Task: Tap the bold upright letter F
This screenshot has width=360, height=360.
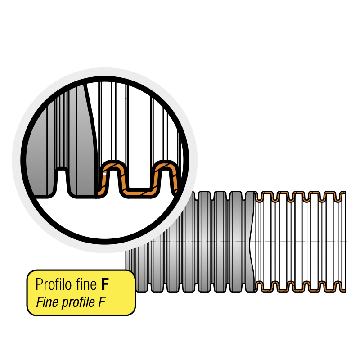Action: pyautogui.click(x=105, y=285)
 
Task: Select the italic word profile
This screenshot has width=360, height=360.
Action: pyautogui.click(x=75, y=302)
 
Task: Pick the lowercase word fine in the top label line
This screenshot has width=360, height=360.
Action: pyautogui.click(x=86, y=285)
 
